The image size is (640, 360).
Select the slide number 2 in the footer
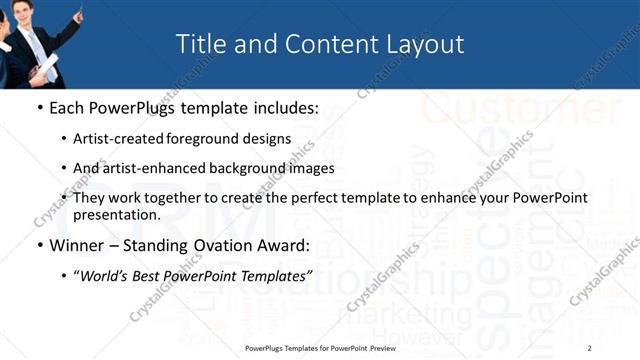(x=590, y=347)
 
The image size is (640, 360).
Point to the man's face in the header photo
(x=29, y=13)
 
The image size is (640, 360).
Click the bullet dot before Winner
(x=39, y=245)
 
